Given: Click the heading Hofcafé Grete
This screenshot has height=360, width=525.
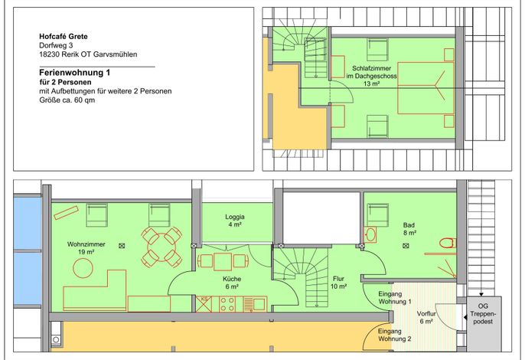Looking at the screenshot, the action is [x=64, y=37].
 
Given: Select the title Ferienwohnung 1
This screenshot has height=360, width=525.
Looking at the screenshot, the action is [x=75, y=73].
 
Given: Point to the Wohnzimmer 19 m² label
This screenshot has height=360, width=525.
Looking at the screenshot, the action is [x=86, y=248].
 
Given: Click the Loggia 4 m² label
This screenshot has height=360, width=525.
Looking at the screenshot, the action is [x=235, y=221].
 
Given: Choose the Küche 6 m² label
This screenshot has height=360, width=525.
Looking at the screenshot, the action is [x=232, y=283].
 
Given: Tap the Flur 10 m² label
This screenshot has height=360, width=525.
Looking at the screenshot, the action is [x=338, y=283].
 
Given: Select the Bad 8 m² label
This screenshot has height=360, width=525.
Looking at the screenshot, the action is [x=409, y=228].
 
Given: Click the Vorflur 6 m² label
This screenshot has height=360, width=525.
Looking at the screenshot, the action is [x=426, y=317].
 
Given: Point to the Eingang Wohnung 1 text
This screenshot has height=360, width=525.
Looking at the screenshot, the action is [x=395, y=298].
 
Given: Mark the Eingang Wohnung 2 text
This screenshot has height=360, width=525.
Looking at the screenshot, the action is [x=395, y=335].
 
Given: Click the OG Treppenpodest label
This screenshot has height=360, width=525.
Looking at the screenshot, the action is [x=483, y=314].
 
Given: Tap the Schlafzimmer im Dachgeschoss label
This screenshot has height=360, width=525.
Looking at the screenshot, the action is [x=372, y=76].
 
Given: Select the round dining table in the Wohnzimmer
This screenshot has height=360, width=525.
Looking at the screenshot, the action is [x=162, y=247].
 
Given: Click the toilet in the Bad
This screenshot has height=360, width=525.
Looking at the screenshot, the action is [x=447, y=243].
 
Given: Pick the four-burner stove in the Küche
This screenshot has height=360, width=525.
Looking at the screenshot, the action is [x=227, y=304].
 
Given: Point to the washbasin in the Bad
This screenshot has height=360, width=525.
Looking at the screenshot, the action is [x=370, y=234].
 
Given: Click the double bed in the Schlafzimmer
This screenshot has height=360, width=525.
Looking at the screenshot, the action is [x=426, y=88].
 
